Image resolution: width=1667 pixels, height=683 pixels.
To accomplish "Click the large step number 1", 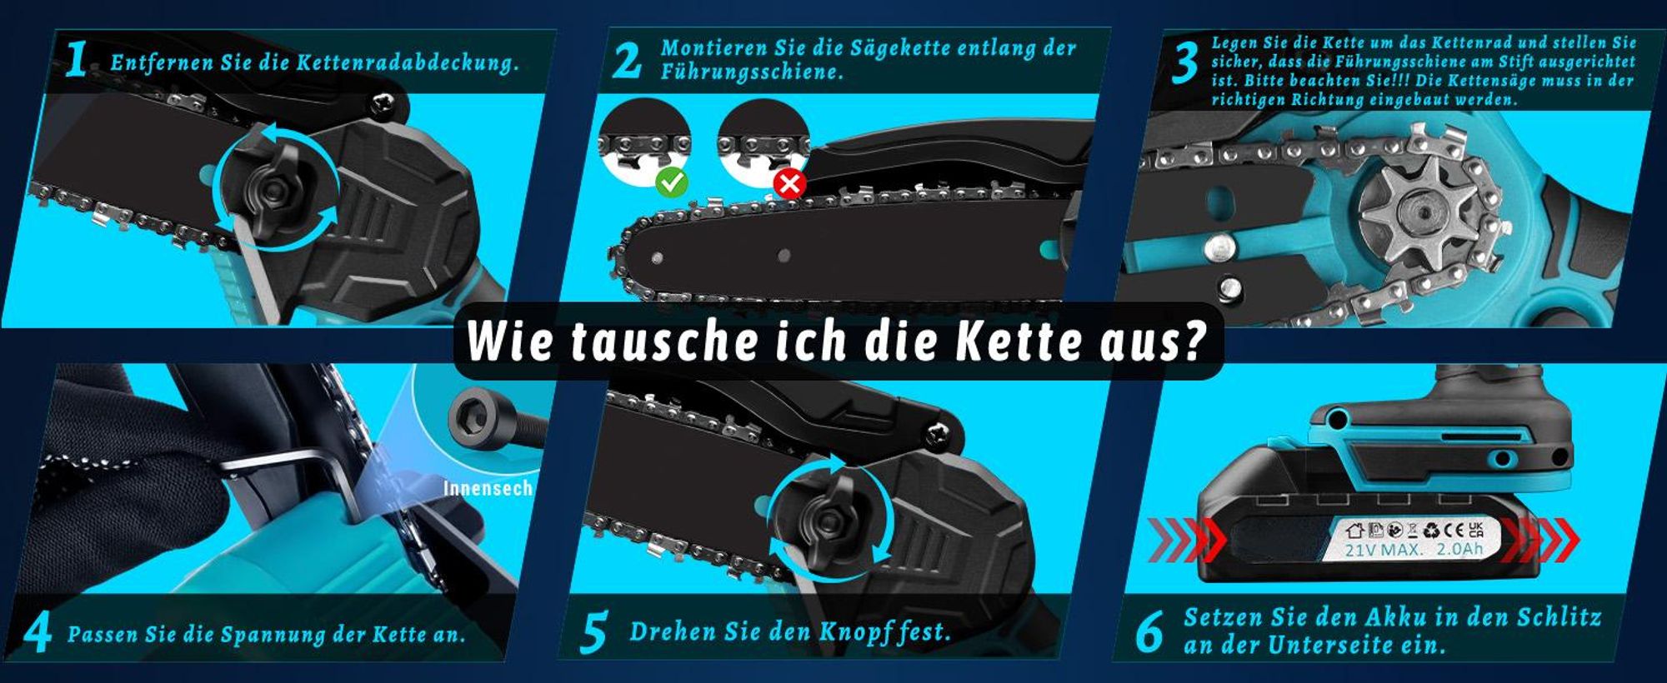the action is click(x=77, y=60).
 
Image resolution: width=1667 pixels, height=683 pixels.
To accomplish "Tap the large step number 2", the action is click(x=627, y=60).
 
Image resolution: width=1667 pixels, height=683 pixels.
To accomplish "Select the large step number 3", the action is click(x=1184, y=62).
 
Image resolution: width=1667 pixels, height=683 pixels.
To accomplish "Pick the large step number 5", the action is click(x=593, y=634).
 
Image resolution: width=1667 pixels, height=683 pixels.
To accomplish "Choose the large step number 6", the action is click(x=1149, y=632).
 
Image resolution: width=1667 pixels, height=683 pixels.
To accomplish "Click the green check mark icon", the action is click(x=672, y=181).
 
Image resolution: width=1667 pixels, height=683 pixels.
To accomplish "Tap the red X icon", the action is click(x=789, y=182).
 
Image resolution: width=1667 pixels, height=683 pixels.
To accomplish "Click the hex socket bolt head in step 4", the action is click(x=468, y=414).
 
